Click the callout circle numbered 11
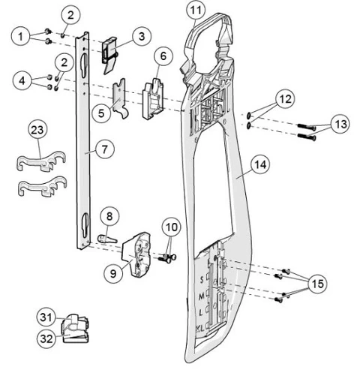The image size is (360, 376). point(196,11)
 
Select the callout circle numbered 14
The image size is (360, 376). point(260,165)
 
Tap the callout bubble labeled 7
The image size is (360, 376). point(104,149)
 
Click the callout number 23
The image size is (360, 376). point(37,130)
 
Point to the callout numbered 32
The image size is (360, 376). point(46,338)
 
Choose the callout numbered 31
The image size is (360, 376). point(46,317)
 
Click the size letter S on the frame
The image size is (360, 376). point(202,280)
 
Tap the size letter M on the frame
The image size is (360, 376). point(201,296)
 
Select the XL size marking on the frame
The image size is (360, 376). point(200,328)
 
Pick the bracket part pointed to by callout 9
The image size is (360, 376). point(136,254)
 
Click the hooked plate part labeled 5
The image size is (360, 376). point(120,98)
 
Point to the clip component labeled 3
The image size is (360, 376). point(109,54)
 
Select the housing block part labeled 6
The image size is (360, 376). point(153,98)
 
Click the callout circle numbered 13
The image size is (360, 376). point(340,124)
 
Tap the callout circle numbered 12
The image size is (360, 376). point(285,99)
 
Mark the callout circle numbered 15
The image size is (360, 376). point(317,284)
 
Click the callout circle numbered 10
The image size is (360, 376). point(172,227)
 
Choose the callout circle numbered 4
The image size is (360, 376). point(22,81)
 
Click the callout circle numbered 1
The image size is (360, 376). point(20,36)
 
